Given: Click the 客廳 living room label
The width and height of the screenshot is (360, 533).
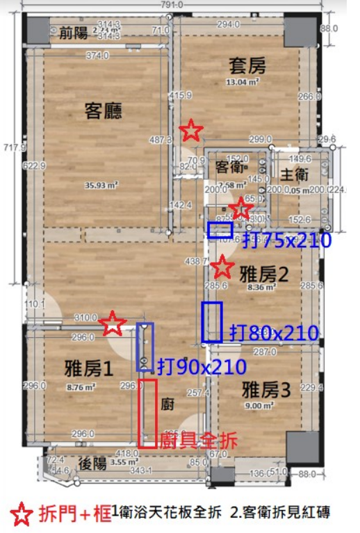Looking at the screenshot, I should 104,111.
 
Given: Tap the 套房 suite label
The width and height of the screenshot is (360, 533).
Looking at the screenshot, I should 247,66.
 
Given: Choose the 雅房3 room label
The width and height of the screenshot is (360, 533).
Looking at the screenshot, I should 267,387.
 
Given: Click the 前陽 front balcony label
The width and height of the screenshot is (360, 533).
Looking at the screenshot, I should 73,31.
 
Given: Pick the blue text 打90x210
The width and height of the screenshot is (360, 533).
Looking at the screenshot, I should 202,366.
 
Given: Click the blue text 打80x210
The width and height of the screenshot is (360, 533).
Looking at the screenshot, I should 275,334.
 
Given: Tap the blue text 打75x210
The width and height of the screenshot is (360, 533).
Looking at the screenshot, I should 292,240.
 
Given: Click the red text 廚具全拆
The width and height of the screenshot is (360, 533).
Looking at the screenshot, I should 198,439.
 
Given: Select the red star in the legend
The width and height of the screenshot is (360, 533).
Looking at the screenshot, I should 22,514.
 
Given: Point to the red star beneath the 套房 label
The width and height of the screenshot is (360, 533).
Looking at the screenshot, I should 191,129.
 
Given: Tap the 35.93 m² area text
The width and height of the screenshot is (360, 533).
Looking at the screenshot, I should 102,185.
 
